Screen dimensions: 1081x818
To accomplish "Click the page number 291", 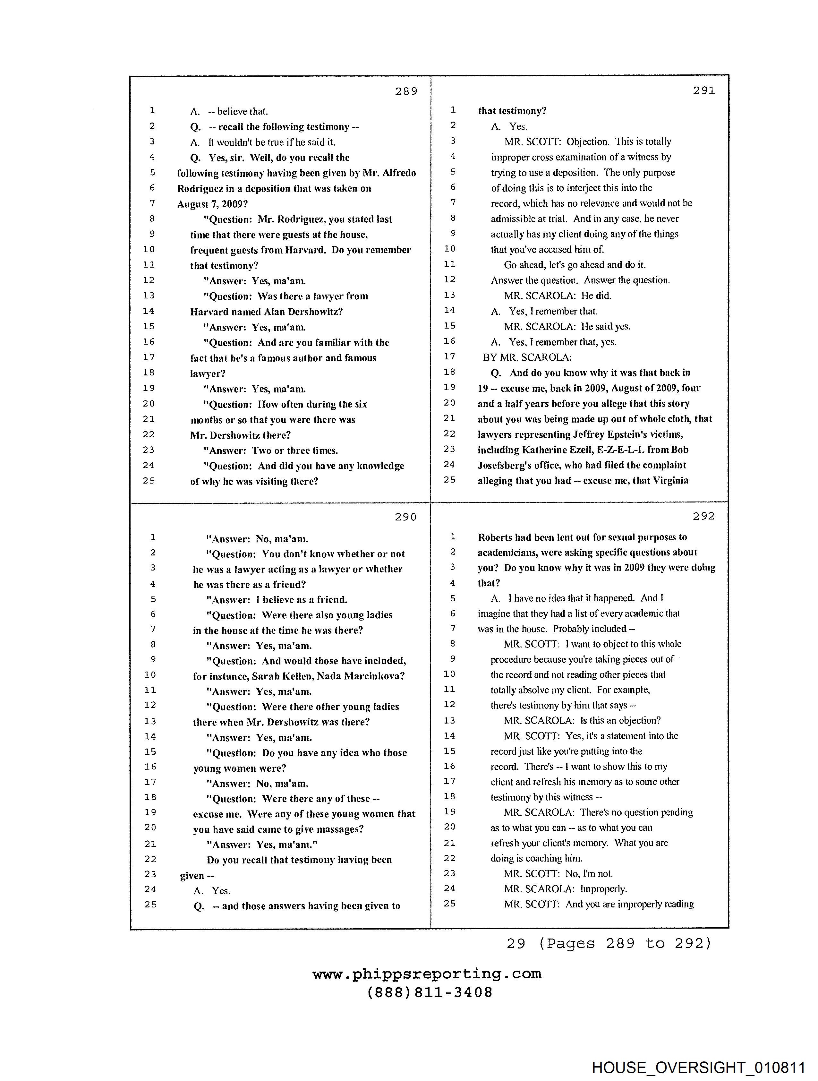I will (704, 90).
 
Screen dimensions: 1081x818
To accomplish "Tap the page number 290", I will (405, 517).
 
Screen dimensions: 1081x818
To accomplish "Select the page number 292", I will (704, 516).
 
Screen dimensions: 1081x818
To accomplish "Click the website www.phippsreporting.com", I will (427, 974).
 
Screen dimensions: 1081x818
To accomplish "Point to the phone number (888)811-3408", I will (430, 992).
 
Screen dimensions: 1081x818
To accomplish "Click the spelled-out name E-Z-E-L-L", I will (620, 450).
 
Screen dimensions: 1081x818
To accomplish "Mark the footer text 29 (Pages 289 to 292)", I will (609, 943).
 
